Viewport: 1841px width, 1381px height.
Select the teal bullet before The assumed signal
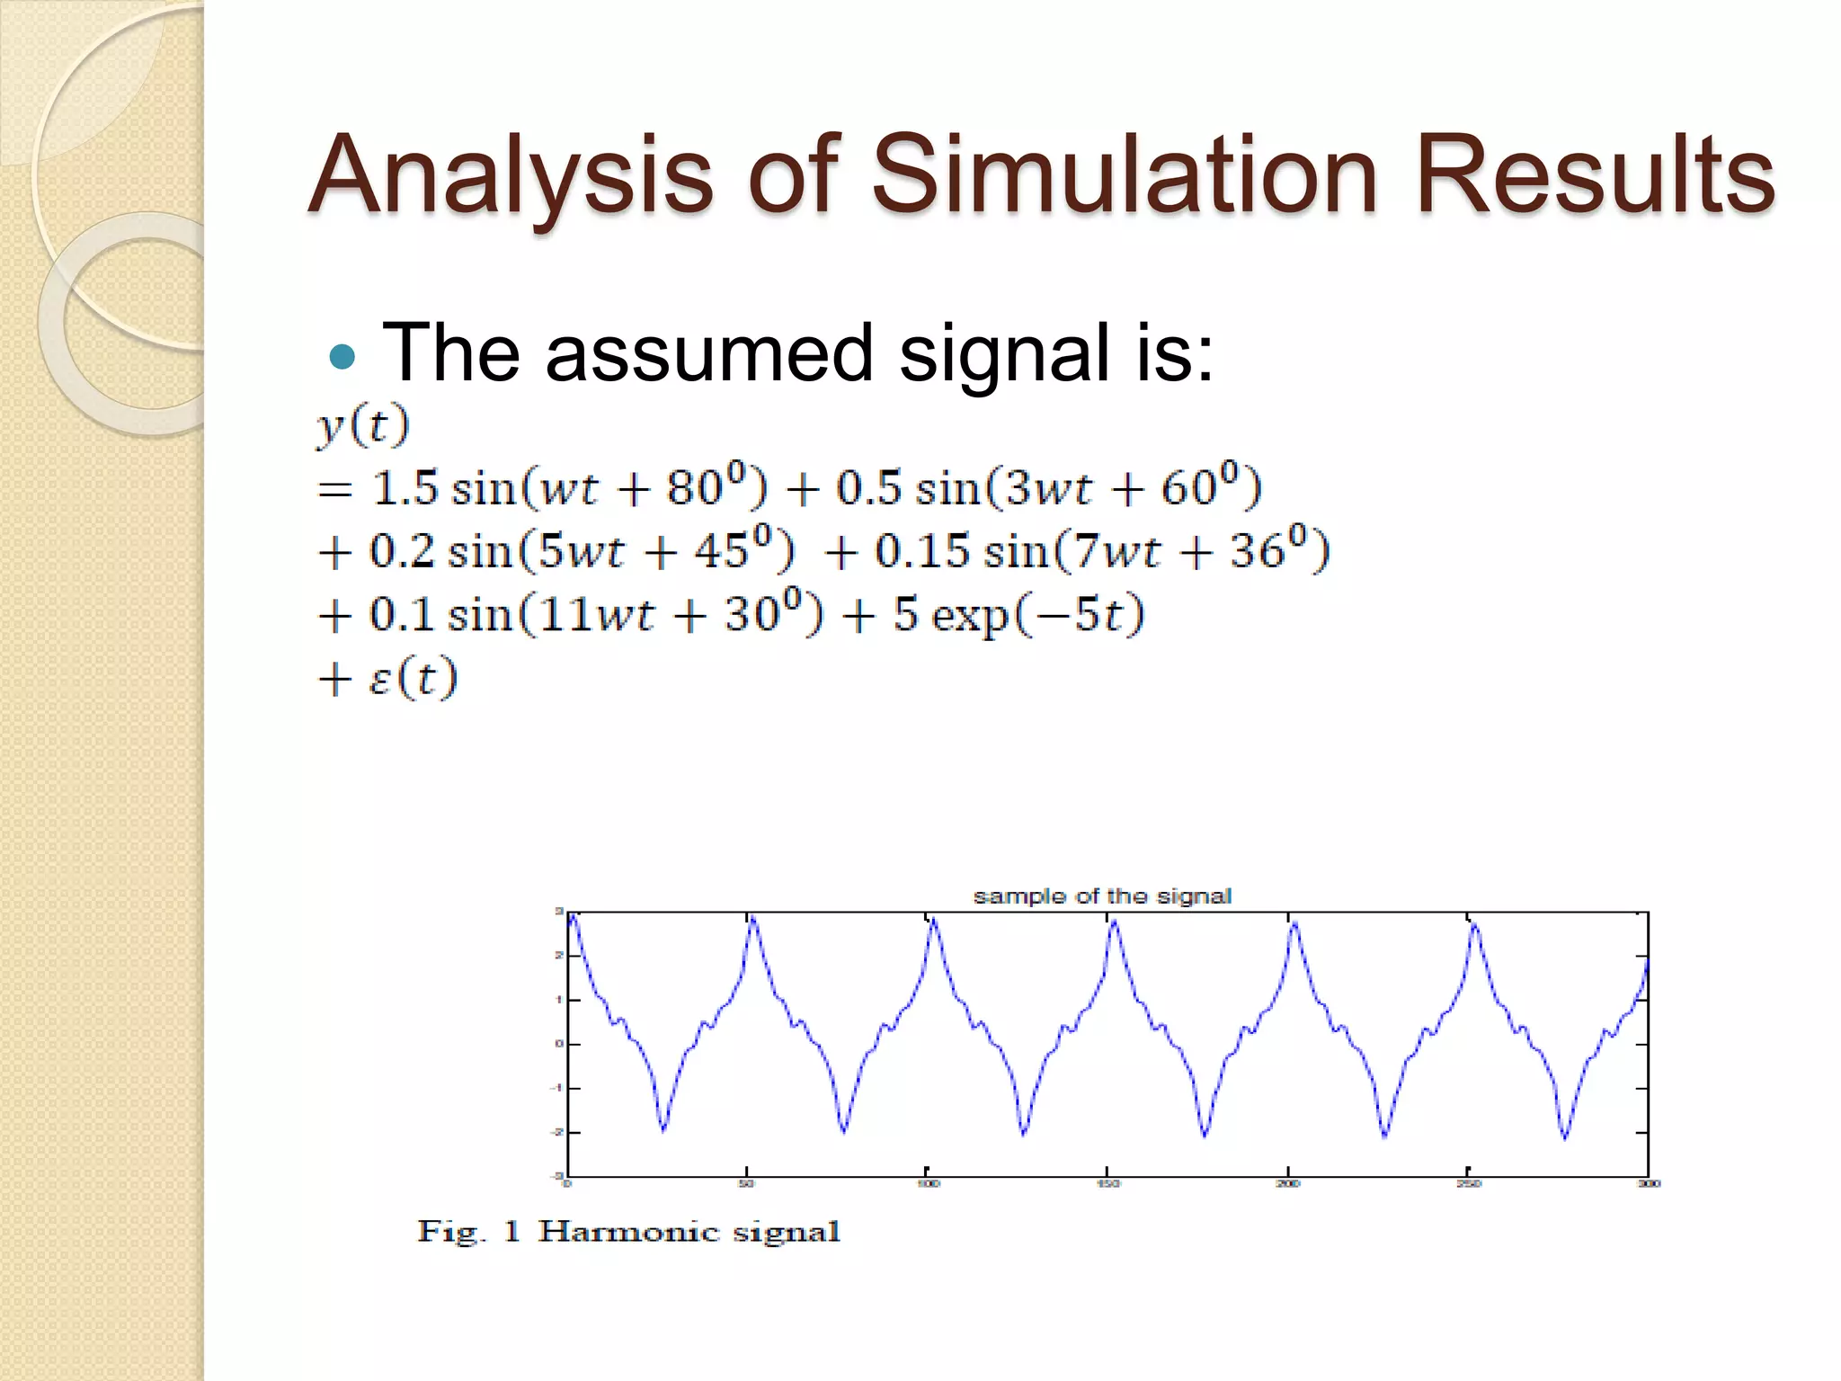point(342,358)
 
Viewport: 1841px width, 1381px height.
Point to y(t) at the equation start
point(363,424)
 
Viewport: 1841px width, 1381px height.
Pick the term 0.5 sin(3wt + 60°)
point(1048,488)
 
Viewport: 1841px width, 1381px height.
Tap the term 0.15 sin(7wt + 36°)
point(1102,551)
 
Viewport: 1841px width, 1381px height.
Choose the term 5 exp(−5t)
point(1018,615)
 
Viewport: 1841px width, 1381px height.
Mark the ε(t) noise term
point(413,677)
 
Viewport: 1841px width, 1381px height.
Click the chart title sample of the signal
point(1102,896)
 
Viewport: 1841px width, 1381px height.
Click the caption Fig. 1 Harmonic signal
point(628,1231)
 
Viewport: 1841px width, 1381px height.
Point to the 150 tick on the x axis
point(1107,1184)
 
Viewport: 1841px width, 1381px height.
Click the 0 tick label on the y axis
point(558,1044)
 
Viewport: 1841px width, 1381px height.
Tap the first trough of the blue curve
point(663,1129)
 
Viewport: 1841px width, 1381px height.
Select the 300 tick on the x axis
point(1649,1184)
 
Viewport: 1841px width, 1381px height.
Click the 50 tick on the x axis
point(746,1184)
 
